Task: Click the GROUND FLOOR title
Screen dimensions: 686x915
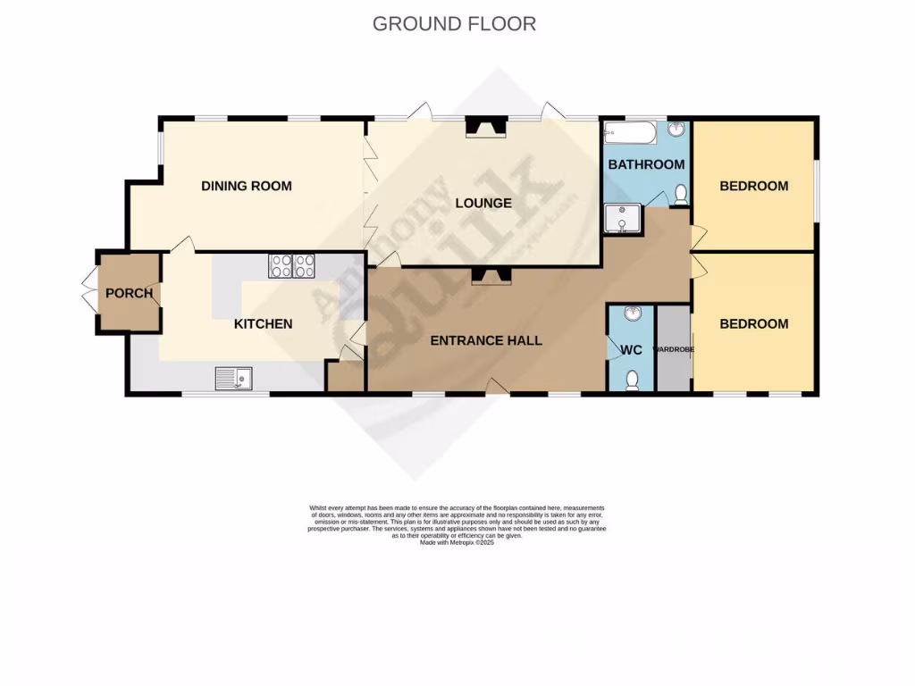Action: coord(454,24)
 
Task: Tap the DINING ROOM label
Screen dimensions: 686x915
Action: coord(247,186)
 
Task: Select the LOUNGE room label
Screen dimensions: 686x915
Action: coord(483,203)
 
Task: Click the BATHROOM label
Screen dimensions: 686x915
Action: coord(646,164)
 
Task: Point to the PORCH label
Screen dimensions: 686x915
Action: coord(130,293)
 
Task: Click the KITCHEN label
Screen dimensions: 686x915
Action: coord(263,323)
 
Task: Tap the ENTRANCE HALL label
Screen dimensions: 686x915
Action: coord(486,340)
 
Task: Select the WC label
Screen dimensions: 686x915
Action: coord(632,350)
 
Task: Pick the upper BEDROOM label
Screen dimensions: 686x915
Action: coord(754,186)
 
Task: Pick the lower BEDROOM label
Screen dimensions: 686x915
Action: coord(754,323)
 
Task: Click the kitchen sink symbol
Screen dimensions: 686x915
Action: coord(233,379)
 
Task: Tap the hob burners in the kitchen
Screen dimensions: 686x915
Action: coord(292,264)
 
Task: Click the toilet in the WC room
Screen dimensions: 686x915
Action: coord(633,381)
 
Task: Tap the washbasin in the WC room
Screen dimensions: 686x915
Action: coord(634,314)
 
